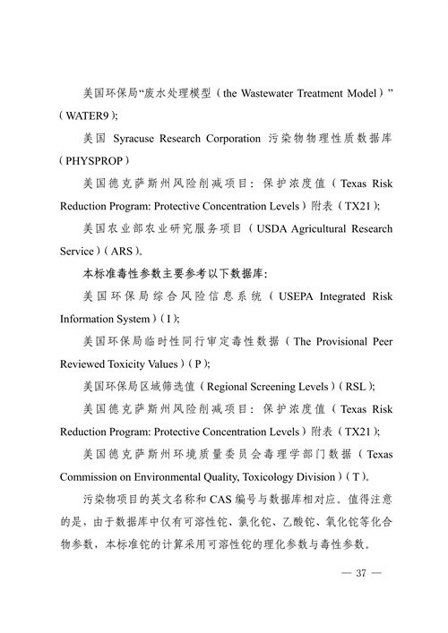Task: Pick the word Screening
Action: [280, 387]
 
